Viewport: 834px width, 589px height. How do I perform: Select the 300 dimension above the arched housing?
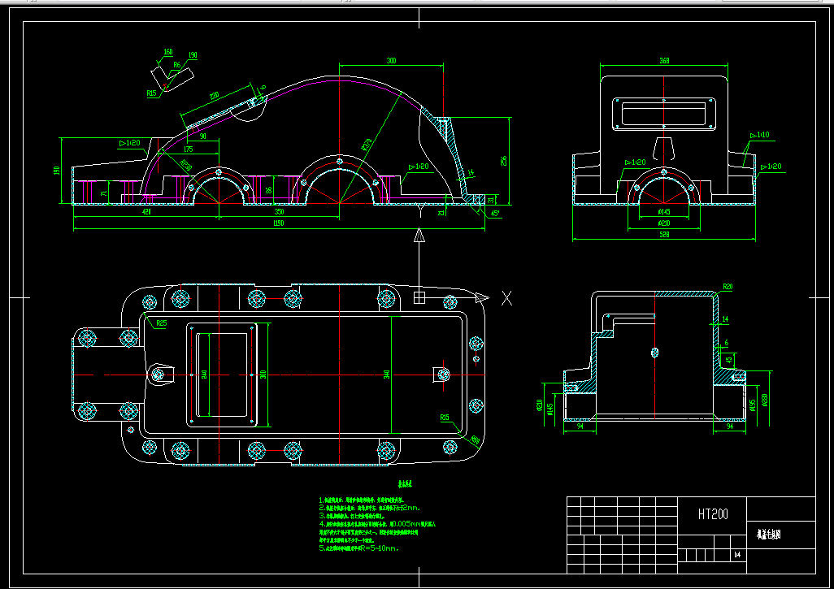[x=391, y=61]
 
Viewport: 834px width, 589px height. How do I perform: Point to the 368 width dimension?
[x=663, y=61]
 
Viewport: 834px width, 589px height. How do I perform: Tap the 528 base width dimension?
[x=664, y=235]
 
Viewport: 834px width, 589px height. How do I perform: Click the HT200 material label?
[x=712, y=514]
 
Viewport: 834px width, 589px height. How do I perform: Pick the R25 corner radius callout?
[x=161, y=323]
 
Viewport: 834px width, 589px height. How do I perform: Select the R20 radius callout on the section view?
[x=728, y=287]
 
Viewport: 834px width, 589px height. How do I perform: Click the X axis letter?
[x=506, y=297]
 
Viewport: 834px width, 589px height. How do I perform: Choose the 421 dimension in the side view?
[x=146, y=212]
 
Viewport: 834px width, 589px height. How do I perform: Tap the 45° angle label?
[x=496, y=214]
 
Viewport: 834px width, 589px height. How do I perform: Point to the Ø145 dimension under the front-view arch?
[x=664, y=213]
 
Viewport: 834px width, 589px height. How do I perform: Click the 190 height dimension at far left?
[x=57, y=171]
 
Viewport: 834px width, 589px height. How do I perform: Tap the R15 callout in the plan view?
[x=445, y=418]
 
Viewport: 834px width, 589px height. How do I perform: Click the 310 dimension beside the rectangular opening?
[x=263, y=375]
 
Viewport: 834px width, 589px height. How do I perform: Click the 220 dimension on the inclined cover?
[x=214, y=97]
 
